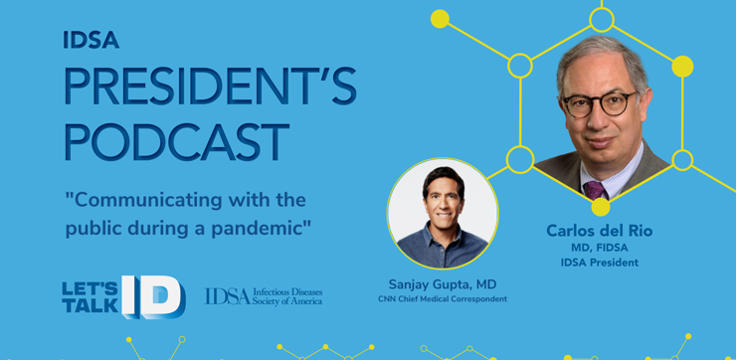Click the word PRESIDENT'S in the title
210,86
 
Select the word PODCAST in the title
176,141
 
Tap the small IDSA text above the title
92,40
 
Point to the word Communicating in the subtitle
144,201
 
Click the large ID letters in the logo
153,296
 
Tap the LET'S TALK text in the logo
91,297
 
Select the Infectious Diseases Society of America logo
264,296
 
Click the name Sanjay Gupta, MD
443,284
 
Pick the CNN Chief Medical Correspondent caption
443,299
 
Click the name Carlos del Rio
600,231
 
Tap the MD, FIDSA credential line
600,248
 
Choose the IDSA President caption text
600,263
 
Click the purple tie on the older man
595,190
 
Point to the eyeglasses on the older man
600,103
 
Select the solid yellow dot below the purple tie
601,207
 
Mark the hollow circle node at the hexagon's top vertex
602,20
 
